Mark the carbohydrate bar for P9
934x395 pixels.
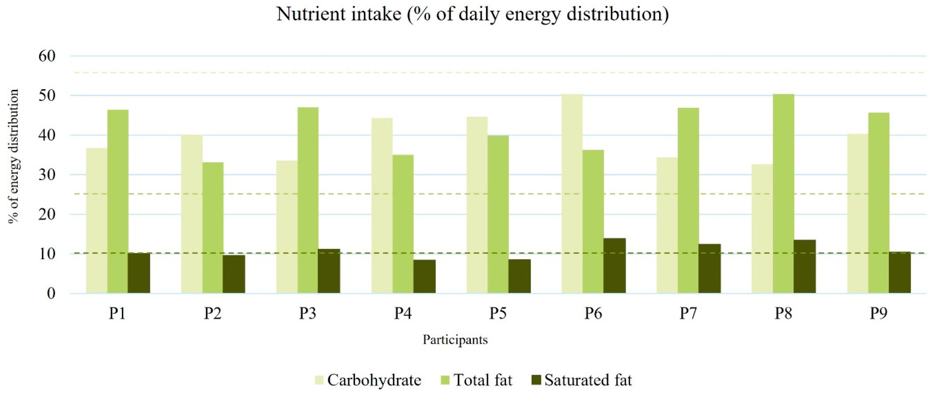coord(857,214)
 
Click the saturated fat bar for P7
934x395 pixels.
coord(710,269)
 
